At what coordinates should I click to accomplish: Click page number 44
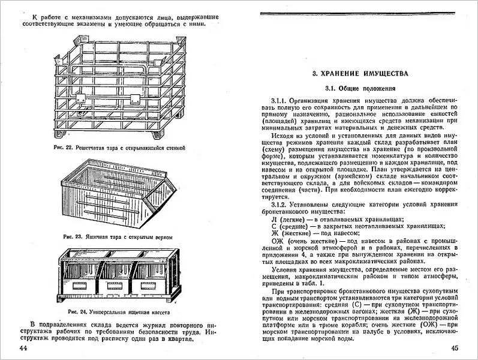coord(23,348)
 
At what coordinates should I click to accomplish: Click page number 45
coord(454,348)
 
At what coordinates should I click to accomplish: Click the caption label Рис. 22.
coord(62,147)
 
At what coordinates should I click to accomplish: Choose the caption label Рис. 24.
coord(77,313)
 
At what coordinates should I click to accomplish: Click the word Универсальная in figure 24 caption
coord(113,313)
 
